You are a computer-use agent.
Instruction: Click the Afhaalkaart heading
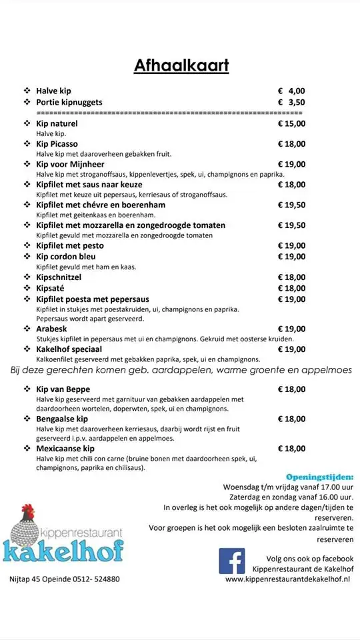point(181,65)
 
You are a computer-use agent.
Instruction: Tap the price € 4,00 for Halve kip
point(291,91)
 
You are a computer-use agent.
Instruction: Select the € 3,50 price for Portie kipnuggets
point(291,102)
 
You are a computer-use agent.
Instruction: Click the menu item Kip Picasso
point(57,144)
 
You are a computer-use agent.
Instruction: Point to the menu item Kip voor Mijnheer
point(70,164)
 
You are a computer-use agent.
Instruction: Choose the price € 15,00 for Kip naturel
point(291,123)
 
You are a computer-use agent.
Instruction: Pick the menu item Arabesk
point(53,329)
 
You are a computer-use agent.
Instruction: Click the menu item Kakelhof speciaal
point(69,349)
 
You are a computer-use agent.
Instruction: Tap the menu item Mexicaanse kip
point(65,449)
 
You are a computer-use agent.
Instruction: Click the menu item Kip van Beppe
point(63,389)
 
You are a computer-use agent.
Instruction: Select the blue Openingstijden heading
point(320,477)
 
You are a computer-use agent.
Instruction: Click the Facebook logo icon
point(232,561)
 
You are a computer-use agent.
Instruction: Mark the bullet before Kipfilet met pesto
point(27,246)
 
